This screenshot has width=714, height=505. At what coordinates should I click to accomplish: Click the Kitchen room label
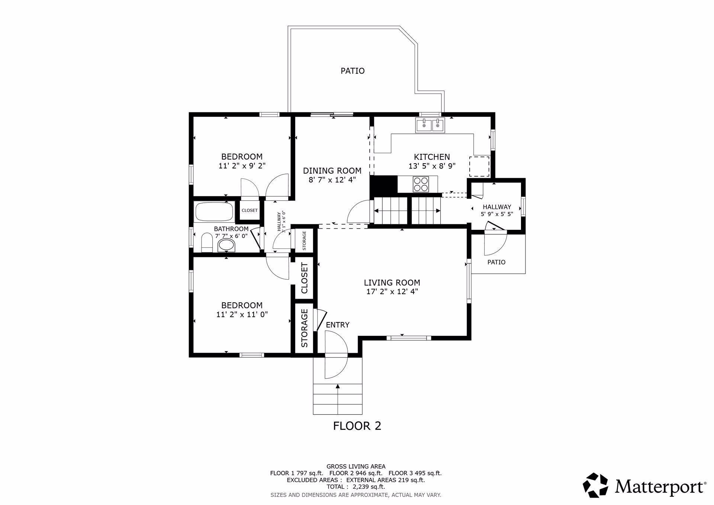coord(432,157)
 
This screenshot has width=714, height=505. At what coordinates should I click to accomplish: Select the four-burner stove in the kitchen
coord(421,184)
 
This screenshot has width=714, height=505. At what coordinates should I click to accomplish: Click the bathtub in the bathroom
coord(213,212)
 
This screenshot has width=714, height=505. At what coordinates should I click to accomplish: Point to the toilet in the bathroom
coord(206,243)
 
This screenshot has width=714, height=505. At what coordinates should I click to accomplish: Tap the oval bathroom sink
coord(226,245)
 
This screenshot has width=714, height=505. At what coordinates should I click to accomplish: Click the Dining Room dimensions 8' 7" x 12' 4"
coord(332,180)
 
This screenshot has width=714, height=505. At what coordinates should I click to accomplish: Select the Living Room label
coord(392,283)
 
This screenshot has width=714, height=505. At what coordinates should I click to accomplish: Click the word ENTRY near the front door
coord(338,325)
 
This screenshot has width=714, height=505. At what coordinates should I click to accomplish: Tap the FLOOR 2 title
coord(357,426)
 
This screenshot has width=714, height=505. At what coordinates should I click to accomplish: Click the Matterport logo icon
coord(595,485)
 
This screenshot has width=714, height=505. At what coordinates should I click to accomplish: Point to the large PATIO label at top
coord(353,71)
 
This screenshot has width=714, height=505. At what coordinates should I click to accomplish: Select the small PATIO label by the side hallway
coord(496,262)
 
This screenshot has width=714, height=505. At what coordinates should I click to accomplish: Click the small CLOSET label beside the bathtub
coord(250,210)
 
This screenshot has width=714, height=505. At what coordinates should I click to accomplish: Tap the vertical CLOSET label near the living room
coord(305,278)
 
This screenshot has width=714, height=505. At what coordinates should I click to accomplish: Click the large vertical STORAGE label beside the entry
coord(305,328)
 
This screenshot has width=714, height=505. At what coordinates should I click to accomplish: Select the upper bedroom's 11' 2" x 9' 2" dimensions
coord(242,166)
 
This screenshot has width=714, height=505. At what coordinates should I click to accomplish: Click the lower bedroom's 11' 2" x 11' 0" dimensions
coord(242,315)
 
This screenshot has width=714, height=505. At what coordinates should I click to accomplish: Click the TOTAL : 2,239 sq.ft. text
coord(356,487)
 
